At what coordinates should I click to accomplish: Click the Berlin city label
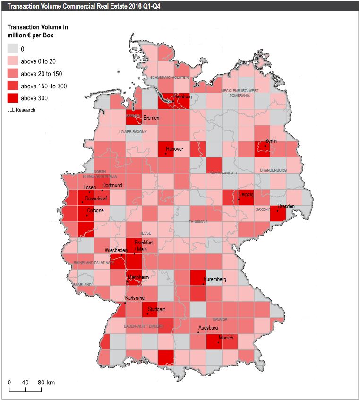pyautogui.click(x=271, y=141)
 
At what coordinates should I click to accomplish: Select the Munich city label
pyautogui.click(x=226, y=338)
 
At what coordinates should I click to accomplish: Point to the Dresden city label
pyautogui.click(x=286, y=206)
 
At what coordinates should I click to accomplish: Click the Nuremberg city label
pyautogui.click(x=214, y=279)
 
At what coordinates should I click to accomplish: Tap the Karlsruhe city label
pyautogui.click(x=134, y=298)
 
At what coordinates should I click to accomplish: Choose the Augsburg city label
pyautogui.click(x=208, y=328)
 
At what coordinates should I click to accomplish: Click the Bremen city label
pyautogui.click(x=151, y=118)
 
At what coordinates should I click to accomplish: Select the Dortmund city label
pyautogui.click(x=112, y=185)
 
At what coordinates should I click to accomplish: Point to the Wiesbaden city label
pyautogui.click(x=116, y=250)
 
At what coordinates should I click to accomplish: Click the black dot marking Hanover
pyautogui.click(x=166, y=154)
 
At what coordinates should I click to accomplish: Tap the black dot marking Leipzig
pyautogui.click(x=239, y=200)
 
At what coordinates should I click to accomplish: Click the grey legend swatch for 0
pyautogui.click(x=13, y=49)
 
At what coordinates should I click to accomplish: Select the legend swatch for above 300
pyautogui.click(x=13, y=98)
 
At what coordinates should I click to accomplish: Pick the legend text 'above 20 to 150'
pyautogui.click(x=41, y=74)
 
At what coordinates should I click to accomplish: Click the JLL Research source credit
pyautogui.click(x=21, y=110)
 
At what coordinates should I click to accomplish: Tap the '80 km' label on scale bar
pyautogui.click(x=47, y=382)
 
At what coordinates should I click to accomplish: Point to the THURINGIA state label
pyautogui.click(x=198, y=221)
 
